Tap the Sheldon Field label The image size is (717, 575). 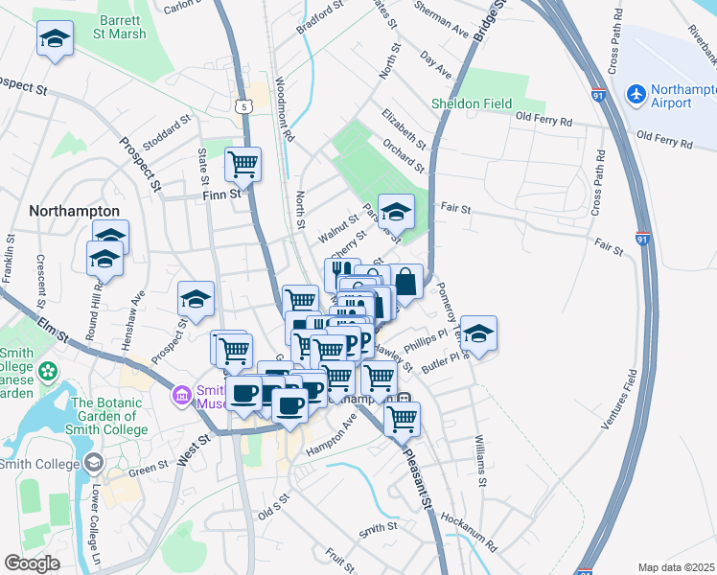click(x=474, y=103)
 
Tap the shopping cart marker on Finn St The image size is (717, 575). click(x=243, y=164)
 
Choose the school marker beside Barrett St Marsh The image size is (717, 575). click(x=56, y=39)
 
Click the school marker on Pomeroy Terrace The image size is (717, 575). click(x=479, y=333)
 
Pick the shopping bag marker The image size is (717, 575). click(x=405, y=282)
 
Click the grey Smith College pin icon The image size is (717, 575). click(x=93, y=465)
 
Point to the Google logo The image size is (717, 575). click(x=32, y=563)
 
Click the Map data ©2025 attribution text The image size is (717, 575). click(x=676, y=567)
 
